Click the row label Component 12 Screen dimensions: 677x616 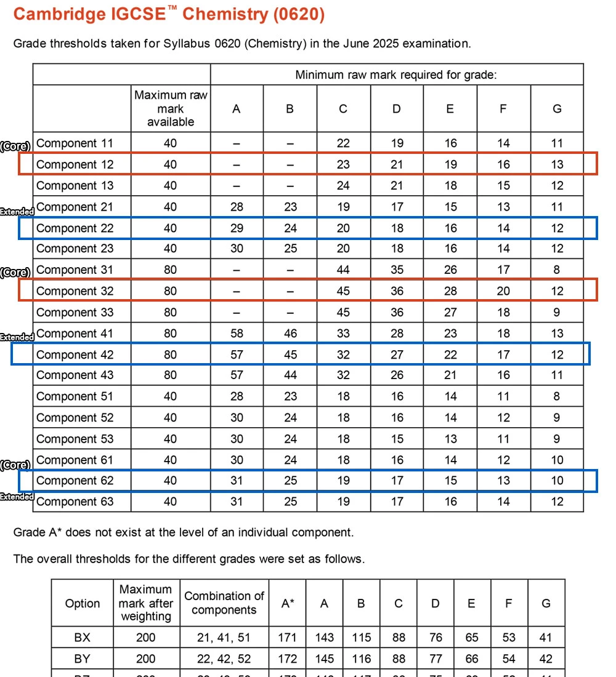coord(75,164)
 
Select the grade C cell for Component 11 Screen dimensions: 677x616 coord(343,143)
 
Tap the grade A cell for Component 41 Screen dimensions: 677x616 coord(237,334)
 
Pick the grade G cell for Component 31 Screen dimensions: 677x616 coord(557,270)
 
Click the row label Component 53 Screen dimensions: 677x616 coord(75,439)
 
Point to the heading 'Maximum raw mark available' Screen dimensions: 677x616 coord(171,108)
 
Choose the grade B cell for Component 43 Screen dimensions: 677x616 coord(290,375)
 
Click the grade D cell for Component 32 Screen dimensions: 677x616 coord(397,291)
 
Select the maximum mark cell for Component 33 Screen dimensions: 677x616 coord(171,312)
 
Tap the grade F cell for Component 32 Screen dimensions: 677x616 coord(503,291)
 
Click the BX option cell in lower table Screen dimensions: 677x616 coord(82,638)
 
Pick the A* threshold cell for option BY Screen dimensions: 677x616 coord(287,659)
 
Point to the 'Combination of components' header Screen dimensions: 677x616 coord(224,603)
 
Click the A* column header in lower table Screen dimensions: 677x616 coord(287,603)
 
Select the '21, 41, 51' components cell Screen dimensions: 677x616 coord(224,638)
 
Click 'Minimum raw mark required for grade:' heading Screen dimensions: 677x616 coord(396,75)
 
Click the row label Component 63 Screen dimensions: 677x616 coord(75,502)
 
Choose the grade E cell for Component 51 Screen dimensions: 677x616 coord(450,396)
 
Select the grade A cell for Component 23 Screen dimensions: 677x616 coord(237,249)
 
